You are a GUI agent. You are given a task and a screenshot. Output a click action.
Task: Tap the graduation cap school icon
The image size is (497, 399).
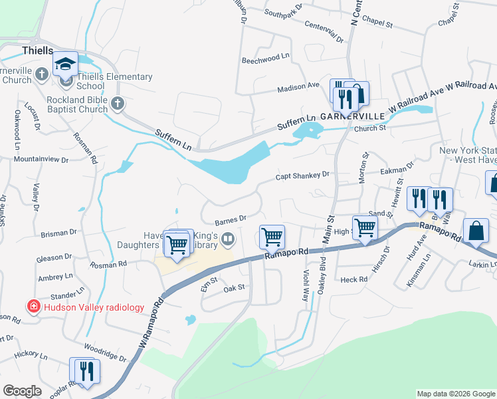(x=65, y=63)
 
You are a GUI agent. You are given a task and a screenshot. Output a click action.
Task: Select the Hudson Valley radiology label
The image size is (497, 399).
(x=94, y=307)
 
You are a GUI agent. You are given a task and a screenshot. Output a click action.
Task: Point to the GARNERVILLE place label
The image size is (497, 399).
(x=353, y=116)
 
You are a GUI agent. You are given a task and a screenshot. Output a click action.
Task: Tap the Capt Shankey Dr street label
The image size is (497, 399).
(x=303, y=176)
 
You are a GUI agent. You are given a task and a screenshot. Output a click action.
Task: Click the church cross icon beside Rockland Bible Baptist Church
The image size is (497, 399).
(x=117, y=102)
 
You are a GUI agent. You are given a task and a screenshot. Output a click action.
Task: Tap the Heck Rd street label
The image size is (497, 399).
(x=353, y=280)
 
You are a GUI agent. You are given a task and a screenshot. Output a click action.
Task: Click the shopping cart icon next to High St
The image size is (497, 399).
(x=365, y=227)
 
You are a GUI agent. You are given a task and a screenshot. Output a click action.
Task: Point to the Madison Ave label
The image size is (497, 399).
(x=298, y=86)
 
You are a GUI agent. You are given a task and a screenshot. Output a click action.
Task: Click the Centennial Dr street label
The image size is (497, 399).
(x=324, y=32)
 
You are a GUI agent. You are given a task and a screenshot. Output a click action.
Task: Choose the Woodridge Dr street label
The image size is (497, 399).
(x=105, y=352)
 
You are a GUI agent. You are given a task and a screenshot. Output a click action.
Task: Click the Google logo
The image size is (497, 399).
(x=22, y=391)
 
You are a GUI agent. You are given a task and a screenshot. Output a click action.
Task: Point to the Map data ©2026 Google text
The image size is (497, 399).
(x=455, y=394)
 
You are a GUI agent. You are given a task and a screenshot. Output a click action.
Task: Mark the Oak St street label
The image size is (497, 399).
(x=234, y=287)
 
